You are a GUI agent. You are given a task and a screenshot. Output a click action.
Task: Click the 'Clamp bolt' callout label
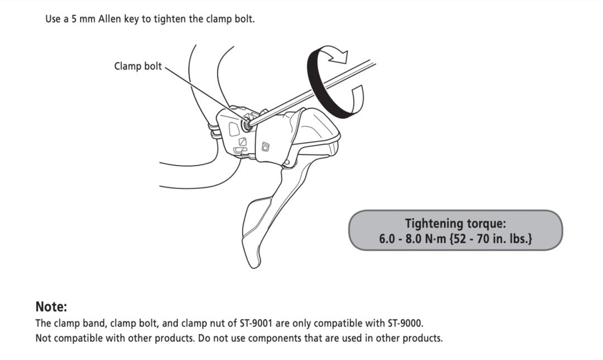[x=138, y=66]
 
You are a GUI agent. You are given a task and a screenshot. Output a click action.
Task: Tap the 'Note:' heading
[x=51, y=306]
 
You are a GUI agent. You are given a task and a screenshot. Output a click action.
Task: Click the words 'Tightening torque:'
[x=456, y=223]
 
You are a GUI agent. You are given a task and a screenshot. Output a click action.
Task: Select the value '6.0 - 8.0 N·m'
[x=412, y=239]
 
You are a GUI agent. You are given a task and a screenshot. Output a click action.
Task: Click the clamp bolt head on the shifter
[x=245, y=124]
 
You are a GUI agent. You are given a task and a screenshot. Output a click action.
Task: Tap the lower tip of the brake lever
[x=255, y=265]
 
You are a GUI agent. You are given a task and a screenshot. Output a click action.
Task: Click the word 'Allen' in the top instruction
[x=109, y=19]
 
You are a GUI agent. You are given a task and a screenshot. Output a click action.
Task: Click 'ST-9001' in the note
[x=256, y=323]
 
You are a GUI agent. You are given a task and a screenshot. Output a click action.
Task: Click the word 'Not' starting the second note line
[x=42, y=338]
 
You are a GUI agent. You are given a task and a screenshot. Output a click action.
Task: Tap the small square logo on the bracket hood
[x=266, y=147]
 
